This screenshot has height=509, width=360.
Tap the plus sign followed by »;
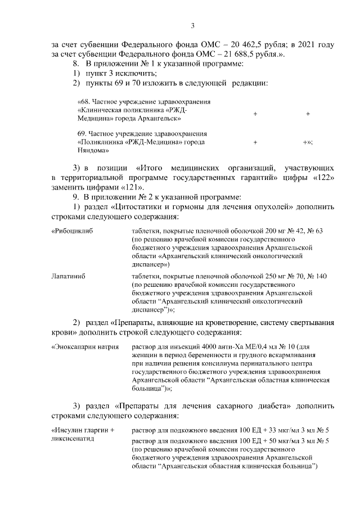click(307, 143)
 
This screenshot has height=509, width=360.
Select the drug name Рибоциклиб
click(71, 231)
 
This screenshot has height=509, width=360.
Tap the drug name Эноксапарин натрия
click(85, 347)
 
